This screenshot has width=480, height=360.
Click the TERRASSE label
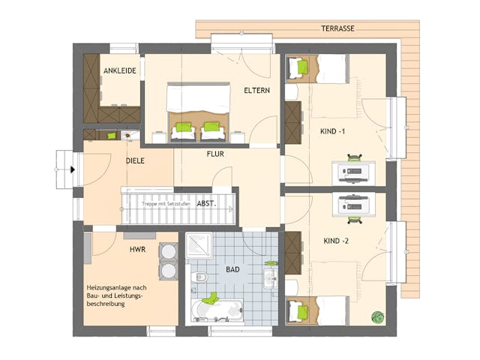338,28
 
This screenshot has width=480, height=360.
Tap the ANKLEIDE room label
119,71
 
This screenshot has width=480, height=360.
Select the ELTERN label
256,91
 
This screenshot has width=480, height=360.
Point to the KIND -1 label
332,132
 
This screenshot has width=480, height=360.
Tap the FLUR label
216,154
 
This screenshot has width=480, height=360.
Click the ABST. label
207,203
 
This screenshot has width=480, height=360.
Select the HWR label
137,248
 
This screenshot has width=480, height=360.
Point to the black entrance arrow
72,169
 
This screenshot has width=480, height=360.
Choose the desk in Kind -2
351,204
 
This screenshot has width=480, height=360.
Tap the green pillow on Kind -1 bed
303,67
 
